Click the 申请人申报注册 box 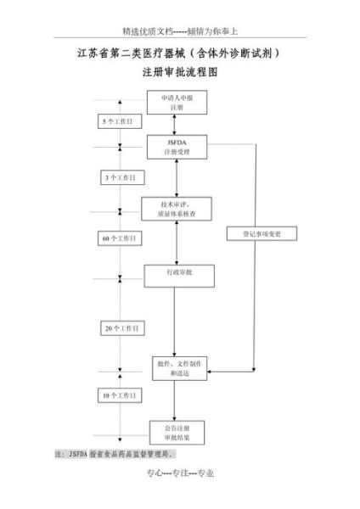(176, 103)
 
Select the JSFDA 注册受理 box (176, 148)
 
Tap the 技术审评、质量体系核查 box (176, 209)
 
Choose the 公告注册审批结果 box (176, 432)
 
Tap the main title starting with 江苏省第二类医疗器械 (180, 53)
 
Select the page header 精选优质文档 (179, 28)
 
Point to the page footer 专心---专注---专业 (180, 474)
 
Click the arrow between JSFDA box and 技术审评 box (176, 178)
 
